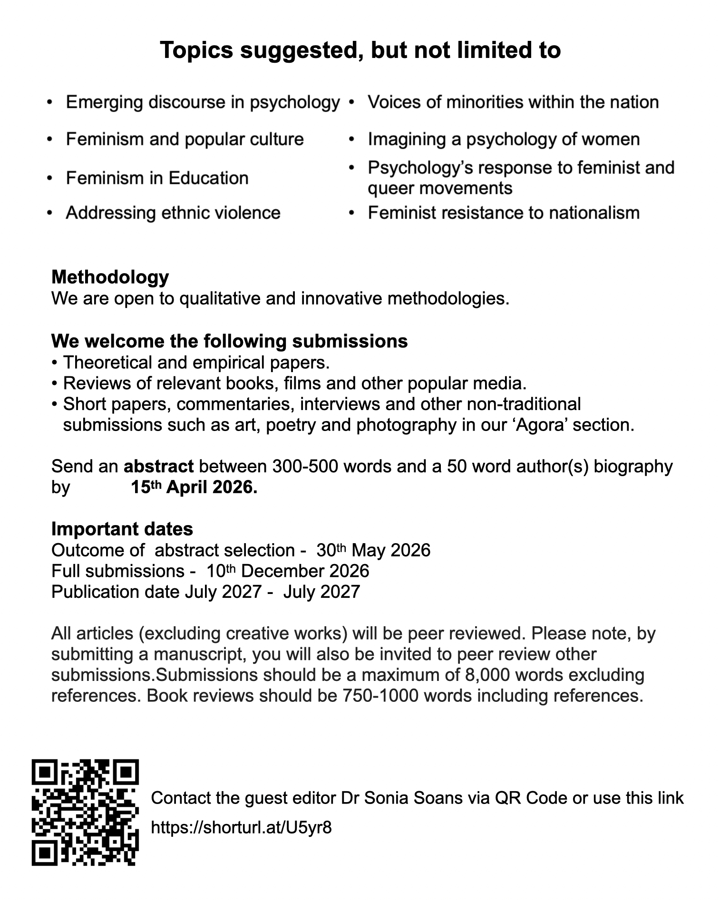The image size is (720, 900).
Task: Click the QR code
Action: [85, 812]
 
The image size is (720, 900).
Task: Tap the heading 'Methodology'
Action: [110, 277]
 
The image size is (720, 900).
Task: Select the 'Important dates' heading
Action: [122, 528]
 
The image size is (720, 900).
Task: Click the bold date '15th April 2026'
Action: [194, 487]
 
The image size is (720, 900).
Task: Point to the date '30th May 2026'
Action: [373, 550]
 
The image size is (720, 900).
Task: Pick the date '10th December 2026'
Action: [288, 570]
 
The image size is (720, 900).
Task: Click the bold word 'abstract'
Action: [158, 466]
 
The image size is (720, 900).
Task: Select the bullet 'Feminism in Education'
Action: [157, 178]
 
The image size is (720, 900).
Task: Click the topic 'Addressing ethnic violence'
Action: [173, 212]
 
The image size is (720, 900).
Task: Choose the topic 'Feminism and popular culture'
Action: [185, 139]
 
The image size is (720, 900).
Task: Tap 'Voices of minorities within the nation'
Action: [513, 102]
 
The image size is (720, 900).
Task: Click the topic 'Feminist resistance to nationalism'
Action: [504, 212]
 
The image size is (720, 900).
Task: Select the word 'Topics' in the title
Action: [196, 50]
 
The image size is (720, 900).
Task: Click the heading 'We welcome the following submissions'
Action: [229, 341]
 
